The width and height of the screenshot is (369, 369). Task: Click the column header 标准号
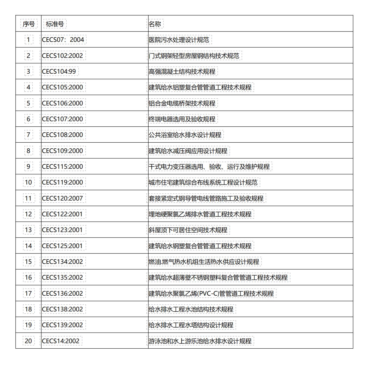pyautogui.click(x=55, y=24)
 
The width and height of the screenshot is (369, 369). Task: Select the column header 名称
pyautogui.click(x=155, y=24)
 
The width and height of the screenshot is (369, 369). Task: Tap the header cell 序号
pyautogui.click(x=29, y=24)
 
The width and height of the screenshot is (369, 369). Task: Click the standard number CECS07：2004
pyautogui.click(x=63, y=40)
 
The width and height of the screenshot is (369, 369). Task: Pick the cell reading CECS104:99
pyautogui.click(x=59, y=71)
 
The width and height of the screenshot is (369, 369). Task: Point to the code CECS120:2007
pyautogui.click(x=62, y=198)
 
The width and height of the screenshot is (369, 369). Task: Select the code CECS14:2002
pyautogui.click(x=61, y=341)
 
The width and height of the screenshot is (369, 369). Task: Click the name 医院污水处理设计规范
pyautogui.click(x=179, y=40)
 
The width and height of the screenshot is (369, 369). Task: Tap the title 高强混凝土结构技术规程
pyautogui.click(x=182, y=71)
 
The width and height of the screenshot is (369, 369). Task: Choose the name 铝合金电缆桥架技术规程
pyautogui.click(x=182, y=103)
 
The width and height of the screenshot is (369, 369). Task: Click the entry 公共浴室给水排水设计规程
pyautogui.click(x=185, y=135)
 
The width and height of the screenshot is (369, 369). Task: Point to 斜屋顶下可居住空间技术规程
pyautogui.click(x=188, y=230)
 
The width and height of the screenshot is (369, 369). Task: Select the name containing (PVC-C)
pyautogui.click(x=211, y=293)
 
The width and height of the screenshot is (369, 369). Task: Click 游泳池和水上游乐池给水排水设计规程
pyautogui.click(x=200, y=341)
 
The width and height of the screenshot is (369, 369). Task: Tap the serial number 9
pyautogui.click(x=29, y=167)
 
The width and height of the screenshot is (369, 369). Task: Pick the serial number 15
pyautogui.click(x=29, y=262)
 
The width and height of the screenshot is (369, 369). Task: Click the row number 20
pyautogui.click(x=29, y=341)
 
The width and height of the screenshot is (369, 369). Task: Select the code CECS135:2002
pyautogui.click(x=62, y=277)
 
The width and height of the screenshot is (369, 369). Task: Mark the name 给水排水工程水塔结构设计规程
pyautogui.click(x=191, y=325)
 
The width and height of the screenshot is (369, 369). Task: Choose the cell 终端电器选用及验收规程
pyautogui.click(x=182, y=119)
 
